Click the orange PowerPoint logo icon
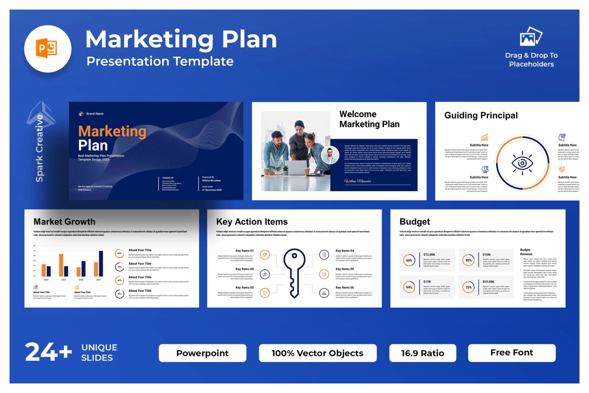47,49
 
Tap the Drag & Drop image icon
531,36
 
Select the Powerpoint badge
202,353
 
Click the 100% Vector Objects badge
318,353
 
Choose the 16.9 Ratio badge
423,353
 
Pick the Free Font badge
512,353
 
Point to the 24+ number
48,352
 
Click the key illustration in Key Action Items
294,272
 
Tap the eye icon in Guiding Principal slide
522,163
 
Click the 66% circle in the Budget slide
409,260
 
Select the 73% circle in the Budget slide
469,287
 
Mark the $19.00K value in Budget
489,282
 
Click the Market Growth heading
64,222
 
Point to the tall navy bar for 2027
101,264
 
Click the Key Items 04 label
344,250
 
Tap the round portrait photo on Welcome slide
330,155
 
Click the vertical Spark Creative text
39,148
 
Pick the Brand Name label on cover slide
95,114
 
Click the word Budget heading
415,222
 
